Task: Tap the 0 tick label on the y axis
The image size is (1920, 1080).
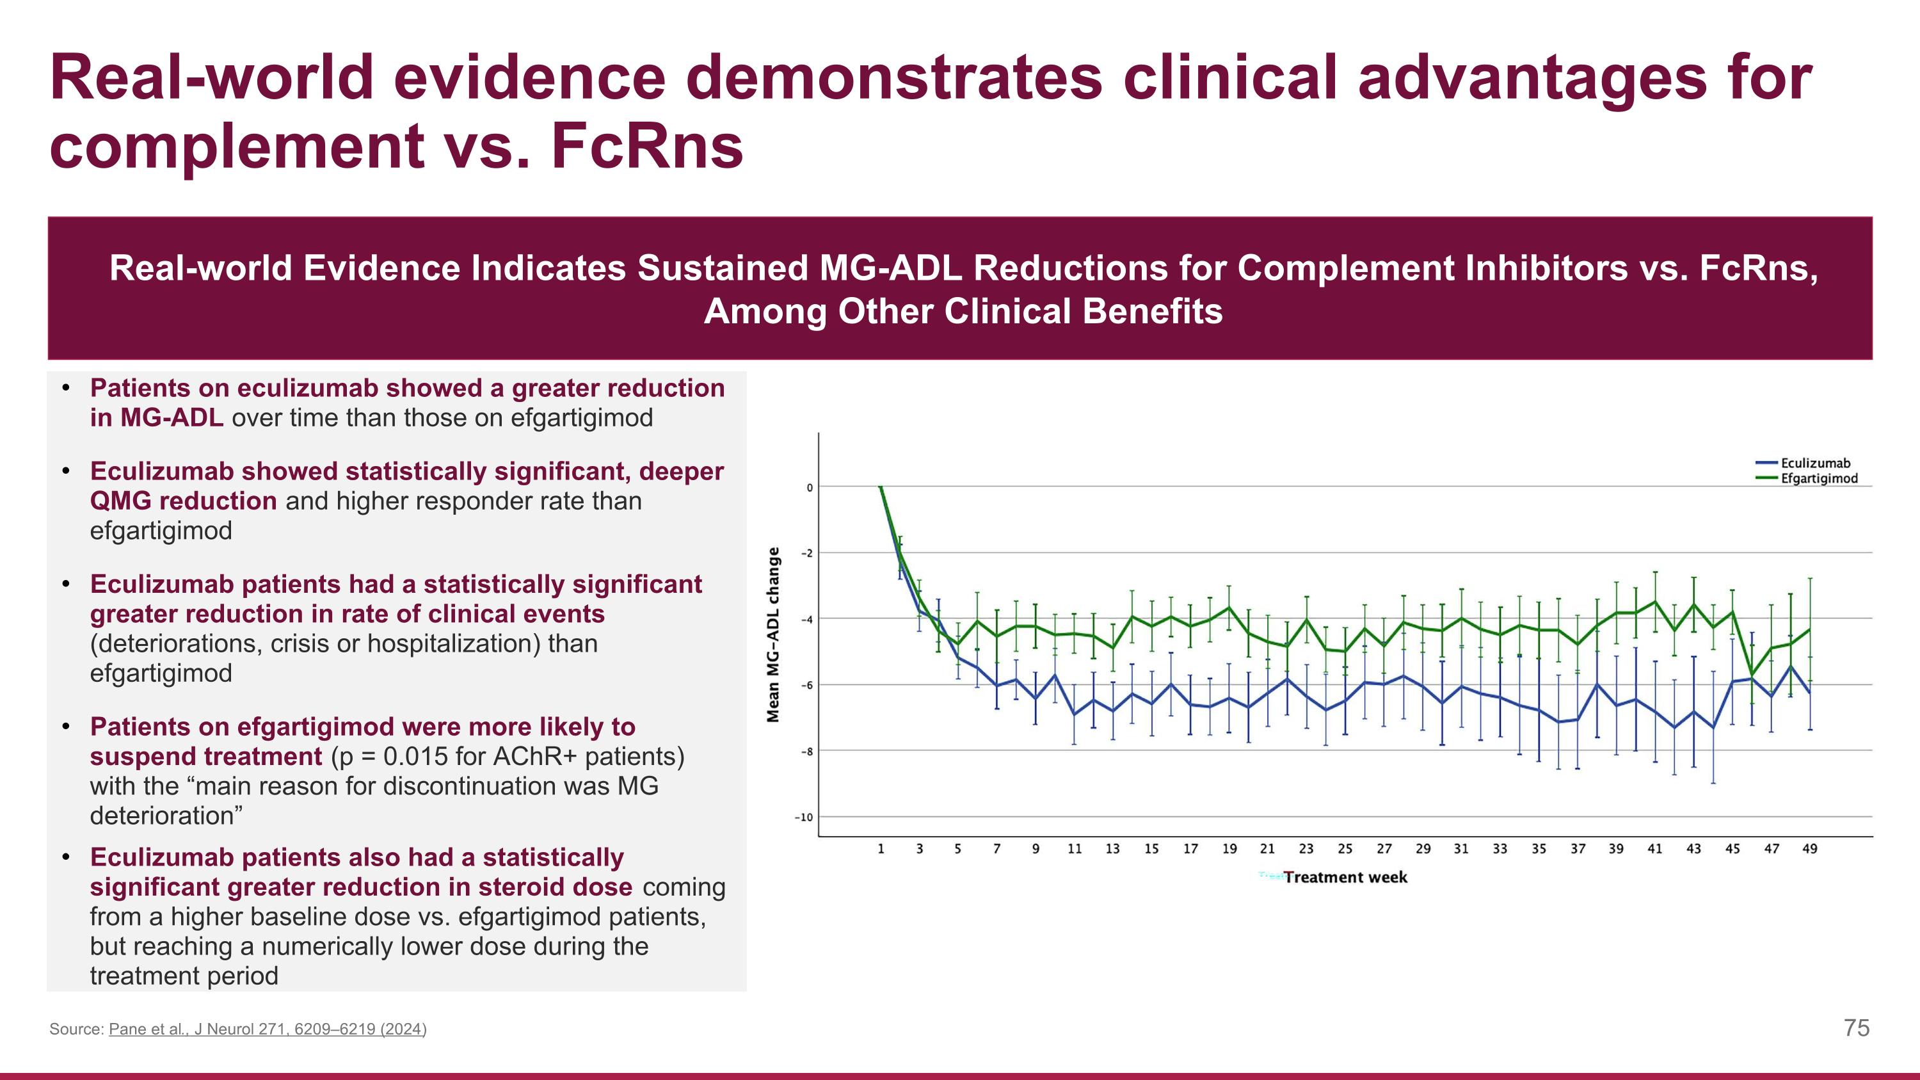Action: (x=810, y=487)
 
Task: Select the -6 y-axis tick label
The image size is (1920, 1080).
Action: (x=806, y=685)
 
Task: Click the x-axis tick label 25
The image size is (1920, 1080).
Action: (x=1345, y=849)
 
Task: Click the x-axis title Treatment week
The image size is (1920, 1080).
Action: (x=1345, y=877)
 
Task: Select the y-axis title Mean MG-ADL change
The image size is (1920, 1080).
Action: (x=774, y=634)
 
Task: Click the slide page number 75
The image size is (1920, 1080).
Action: (x=1856, y=1029)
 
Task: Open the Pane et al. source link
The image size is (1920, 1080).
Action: (x=268, y=1029)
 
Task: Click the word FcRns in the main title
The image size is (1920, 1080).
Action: (x=647, y=146)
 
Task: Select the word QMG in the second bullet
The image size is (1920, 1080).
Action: (x=120, y=501)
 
